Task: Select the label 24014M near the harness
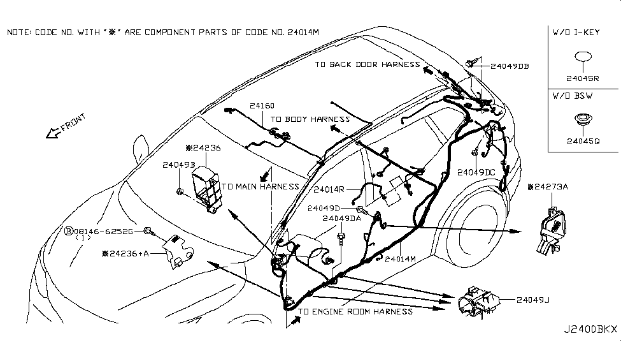click(x=401, y=259)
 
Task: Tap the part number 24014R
click(x=329, y=189)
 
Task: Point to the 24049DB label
click(x=510, y=66)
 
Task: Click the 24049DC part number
click(x=476, y=172)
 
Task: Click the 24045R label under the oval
click(x=583, y=79)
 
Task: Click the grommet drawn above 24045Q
click(x=583, y=119)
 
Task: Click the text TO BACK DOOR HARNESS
click(x=367, y=64)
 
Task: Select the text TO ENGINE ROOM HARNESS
click(x=355, y=311)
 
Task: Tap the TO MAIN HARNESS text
click(x=261, y=187)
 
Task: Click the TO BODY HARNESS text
click(x=310, y=119)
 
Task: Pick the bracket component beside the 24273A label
click(x=551, y=228)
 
